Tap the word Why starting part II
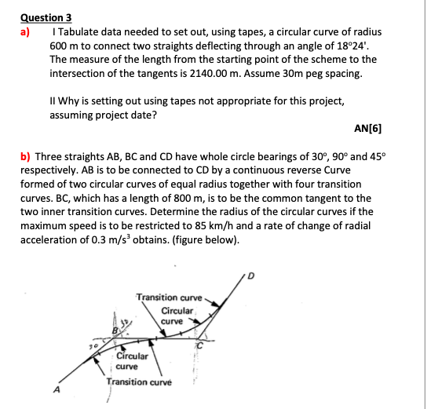69,100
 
